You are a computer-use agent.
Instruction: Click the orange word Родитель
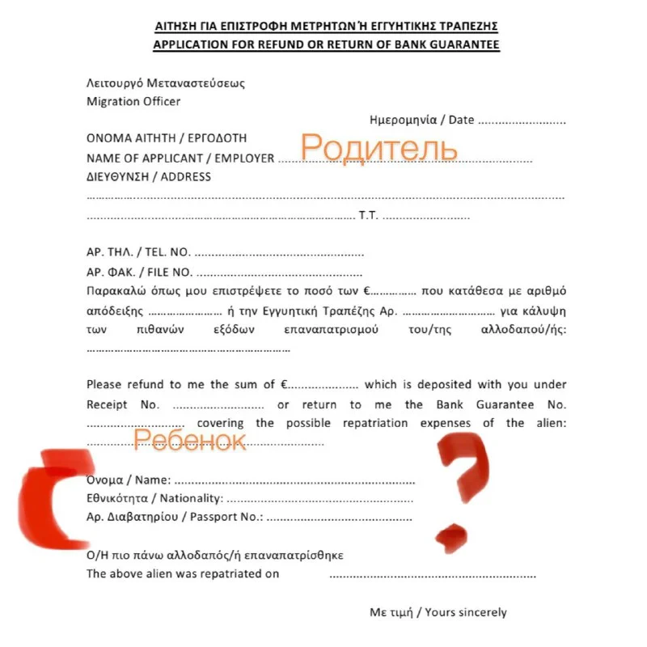click(378, 148)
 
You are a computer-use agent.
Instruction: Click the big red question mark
click(460, 485)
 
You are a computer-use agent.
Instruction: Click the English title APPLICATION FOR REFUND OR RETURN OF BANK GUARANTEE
click(326, 44)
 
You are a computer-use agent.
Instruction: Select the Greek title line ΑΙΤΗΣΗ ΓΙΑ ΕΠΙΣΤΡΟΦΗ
click(326, 26)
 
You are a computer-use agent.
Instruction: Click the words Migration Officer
click(133, 102)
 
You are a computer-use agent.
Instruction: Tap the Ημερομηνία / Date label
click(421, 120)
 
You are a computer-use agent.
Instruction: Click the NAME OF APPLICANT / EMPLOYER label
click(180, 158)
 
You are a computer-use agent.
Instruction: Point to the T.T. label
click(368, 217)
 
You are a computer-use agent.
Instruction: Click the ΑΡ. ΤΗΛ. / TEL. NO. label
click(138, 252)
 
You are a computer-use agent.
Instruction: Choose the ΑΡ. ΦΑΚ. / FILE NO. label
click(139, 272)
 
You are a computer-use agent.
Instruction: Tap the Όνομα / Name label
click(129, 480)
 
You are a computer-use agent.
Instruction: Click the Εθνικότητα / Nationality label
click(154, 498)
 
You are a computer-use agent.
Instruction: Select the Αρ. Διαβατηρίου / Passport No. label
click(175, 518)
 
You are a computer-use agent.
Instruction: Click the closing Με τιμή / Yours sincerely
click(438, 612)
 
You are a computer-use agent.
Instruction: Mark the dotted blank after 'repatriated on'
click(432, 575)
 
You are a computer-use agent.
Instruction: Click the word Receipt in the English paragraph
click(108, 404)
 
